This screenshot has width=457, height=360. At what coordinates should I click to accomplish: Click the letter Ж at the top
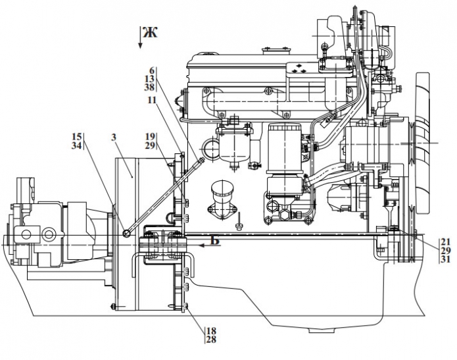click(x=151, y=32)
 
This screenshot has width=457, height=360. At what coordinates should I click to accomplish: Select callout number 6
click(x=153, y=70)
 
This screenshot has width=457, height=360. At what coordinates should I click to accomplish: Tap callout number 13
click(x=151, y=78)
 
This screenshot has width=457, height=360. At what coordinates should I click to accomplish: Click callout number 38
click(x=151, y=87)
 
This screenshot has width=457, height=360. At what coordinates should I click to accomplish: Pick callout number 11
click(x=152, y=100)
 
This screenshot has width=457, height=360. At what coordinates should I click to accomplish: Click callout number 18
click(x=210, y=331)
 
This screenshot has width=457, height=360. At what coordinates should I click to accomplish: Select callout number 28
click(x=210, y=340)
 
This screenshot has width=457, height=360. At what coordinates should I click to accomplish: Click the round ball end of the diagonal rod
click(x=126, y=232)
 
